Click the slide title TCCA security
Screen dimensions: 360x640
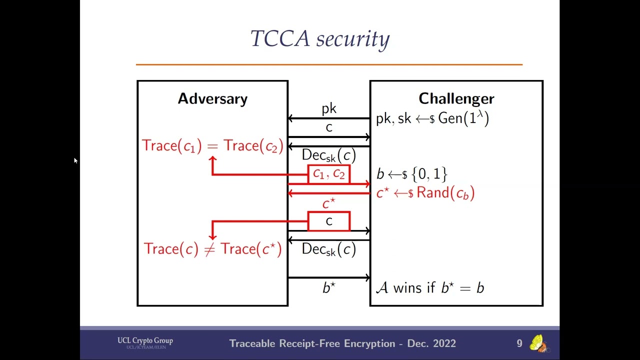320,39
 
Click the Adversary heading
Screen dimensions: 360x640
212,98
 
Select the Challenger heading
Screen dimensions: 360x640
456,98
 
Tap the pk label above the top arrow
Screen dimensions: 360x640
329,108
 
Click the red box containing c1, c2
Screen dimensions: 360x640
328,174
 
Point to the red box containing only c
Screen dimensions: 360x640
328,221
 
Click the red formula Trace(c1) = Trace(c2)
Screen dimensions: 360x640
212,145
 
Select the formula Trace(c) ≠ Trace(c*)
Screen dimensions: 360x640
212,249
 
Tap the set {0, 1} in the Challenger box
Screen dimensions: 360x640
428,174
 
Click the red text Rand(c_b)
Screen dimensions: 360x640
445,193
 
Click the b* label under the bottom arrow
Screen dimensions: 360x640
328,288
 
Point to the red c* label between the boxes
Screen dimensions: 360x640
328,203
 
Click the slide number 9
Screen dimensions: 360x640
519,343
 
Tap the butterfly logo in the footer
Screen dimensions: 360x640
537,343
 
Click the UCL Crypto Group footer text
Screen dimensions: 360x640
145,341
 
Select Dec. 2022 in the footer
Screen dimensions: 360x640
431,343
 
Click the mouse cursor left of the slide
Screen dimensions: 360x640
75,160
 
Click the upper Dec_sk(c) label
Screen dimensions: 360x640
328,155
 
